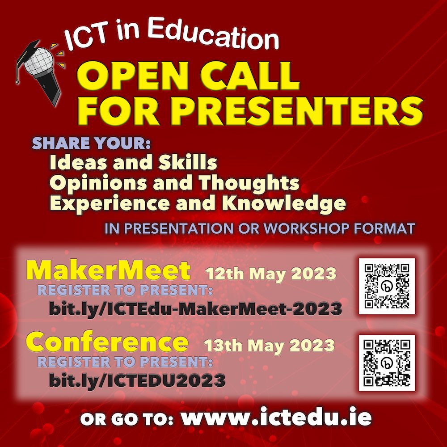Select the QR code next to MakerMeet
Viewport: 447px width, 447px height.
coord(387,286)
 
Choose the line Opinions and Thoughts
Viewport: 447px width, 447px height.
coord(174,183)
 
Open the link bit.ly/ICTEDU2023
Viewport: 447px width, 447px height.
coord(137,380)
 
